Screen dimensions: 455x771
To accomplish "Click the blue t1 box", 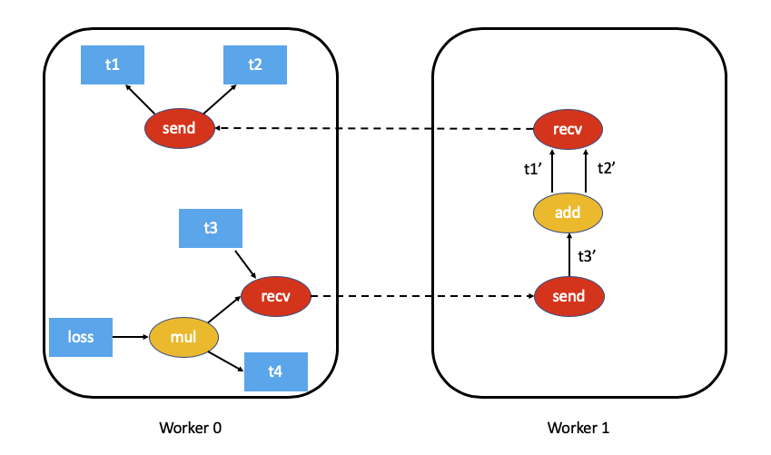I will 112,64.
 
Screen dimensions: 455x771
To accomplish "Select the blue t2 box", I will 255,64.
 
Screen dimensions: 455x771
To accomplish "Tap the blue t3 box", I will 211,229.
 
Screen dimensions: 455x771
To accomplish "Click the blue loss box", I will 81,337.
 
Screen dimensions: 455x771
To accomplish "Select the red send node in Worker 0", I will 179,129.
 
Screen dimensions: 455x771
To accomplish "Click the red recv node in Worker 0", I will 276,296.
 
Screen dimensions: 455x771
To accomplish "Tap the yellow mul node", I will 183,337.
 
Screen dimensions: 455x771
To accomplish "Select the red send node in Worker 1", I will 568,296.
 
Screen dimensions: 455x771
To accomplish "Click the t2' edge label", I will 607,169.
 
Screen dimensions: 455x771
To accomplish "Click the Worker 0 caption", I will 190,428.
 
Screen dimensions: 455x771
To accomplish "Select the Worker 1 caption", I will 578,428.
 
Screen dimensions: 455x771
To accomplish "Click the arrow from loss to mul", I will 130,337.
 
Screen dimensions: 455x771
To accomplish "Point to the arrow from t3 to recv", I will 248,264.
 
